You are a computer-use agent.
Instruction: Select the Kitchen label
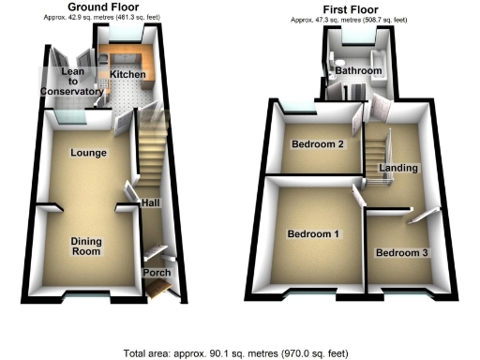point(127,73)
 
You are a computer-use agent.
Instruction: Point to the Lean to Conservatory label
point(70,82)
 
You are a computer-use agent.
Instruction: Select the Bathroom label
point(358,71)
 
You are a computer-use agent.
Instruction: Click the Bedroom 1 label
point(314,233)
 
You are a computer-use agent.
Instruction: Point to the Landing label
point(398,168)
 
